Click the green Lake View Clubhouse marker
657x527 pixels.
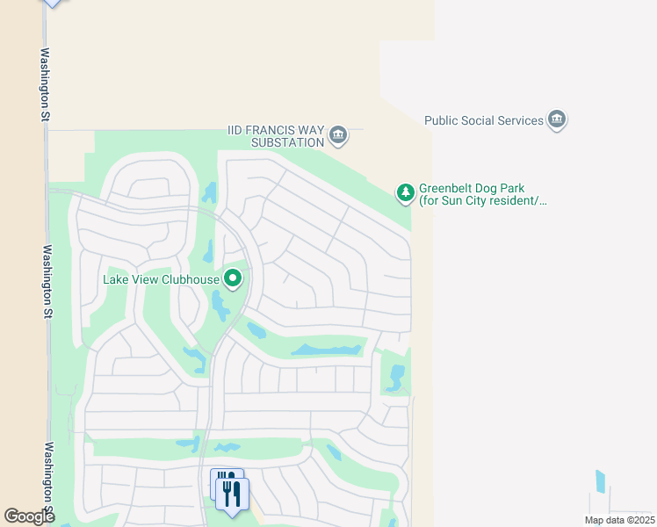tap(233, 279)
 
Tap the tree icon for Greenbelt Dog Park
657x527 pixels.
tap(405, 191)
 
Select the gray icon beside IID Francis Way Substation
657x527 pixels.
tap(338, 135)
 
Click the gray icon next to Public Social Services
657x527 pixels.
tap(556, 119)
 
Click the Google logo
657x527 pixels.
tap(29, 516)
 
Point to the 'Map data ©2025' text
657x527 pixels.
tap(619, 520)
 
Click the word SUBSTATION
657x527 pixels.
tap(286, 142)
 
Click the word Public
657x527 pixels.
tap(443, 120)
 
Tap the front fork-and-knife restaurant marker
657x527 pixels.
tap(232, 494)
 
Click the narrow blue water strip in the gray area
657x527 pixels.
tap(601, 480)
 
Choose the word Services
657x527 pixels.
tap(519, 120)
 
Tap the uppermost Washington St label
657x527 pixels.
tap(44, 83)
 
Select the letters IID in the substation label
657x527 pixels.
tap(235, 130)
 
